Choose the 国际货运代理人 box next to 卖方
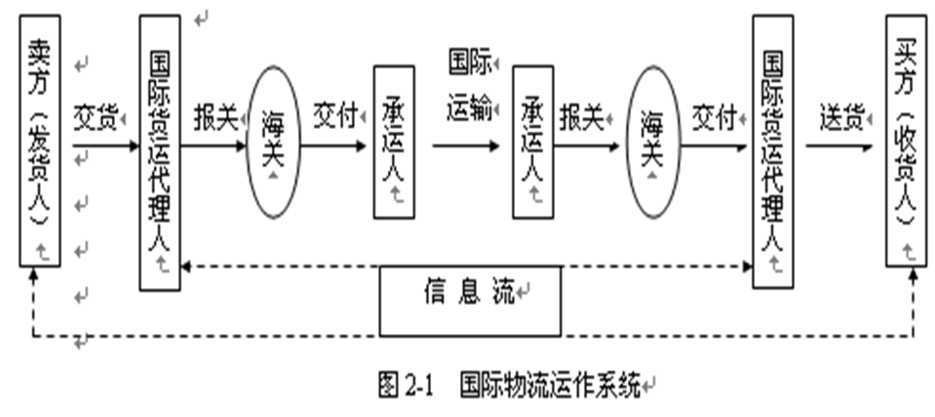(160, 153)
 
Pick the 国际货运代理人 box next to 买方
(772, 153)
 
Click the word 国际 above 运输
(469, 63)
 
